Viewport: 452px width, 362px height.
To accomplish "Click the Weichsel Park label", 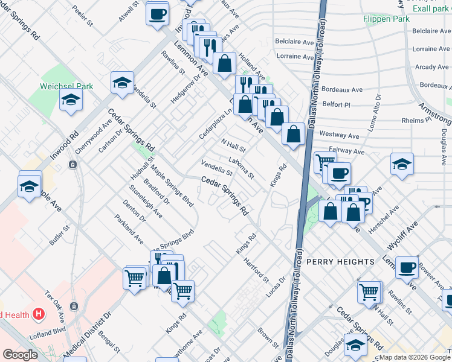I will (x=66, y=86).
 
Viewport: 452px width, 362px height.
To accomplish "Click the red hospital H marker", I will (x=39, y=314).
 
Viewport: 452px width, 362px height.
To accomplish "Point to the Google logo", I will (x=20, y=355).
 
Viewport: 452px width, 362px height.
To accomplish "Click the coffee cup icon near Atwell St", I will (x=157, y=13).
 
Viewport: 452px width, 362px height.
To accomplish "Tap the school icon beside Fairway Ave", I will (x=402, y=165).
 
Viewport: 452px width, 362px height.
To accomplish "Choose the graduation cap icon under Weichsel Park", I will (x=71, y=101).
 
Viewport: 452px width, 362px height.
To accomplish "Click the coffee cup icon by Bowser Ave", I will (x=407, y=267).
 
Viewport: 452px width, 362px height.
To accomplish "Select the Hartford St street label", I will (x=256, y=270).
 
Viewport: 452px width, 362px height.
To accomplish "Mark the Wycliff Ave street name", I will (x=404, y=235).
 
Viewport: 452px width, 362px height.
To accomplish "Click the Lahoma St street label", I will (x=241, y=168).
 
